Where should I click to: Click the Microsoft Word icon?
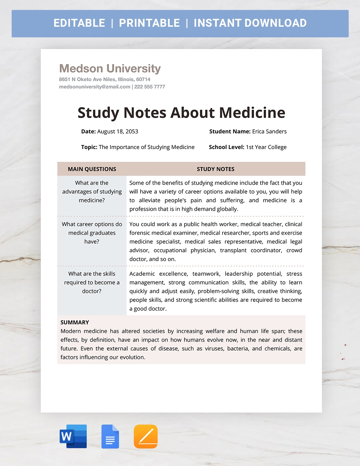coord(73,436)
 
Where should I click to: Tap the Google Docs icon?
coord(110,437)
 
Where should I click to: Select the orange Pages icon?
coord(146,437)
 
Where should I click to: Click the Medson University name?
coord(110,69)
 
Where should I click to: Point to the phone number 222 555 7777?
coord(149,87)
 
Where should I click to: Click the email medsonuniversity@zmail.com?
coord(95,87)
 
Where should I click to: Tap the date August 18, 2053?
coord(118,132)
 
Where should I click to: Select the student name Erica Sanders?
coord(269,132)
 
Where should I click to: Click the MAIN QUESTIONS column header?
coord(92,169)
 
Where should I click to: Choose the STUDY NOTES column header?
coord(216,169)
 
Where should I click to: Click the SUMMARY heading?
coord(75,322)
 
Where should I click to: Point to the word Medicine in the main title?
coord(252,113)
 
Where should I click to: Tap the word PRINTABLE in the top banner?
coord(149,23)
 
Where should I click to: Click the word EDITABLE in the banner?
coord(79,23)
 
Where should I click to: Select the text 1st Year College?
coord(266,147)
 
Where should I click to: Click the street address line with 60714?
coord(105,79)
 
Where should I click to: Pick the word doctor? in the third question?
coord(92,291)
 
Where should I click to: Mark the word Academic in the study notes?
coord(142,274)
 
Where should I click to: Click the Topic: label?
coord(89,147)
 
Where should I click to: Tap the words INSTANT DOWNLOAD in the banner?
coord(250,23)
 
